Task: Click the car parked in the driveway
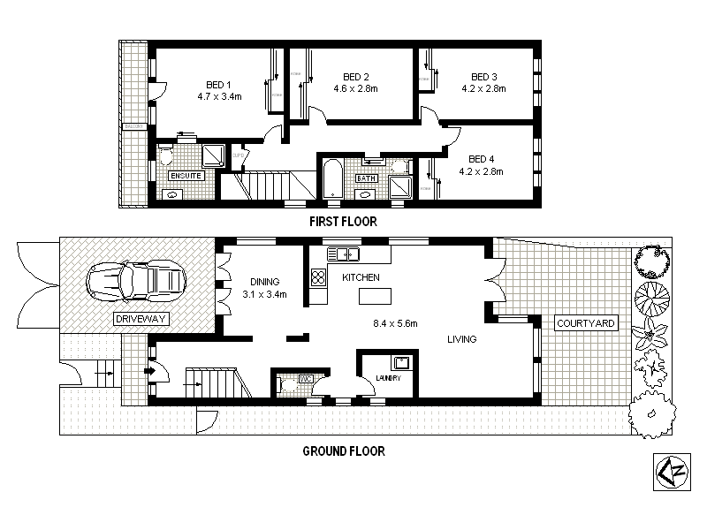tap(135, 282)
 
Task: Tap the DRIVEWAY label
tap(141, 318)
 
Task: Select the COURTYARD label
tap(585, 323)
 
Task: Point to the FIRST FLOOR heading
tap(343, 223)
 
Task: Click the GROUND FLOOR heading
tap(344, 451)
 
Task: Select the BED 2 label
tap(355, 77)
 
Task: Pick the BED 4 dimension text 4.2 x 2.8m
tap(482, 171)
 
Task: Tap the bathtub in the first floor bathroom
tap(331, 179)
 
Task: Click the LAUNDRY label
tap(387, 378)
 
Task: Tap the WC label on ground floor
tap(306, 379)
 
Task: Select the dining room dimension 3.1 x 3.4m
tap(265, 295)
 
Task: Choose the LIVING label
tap(461, 339)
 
